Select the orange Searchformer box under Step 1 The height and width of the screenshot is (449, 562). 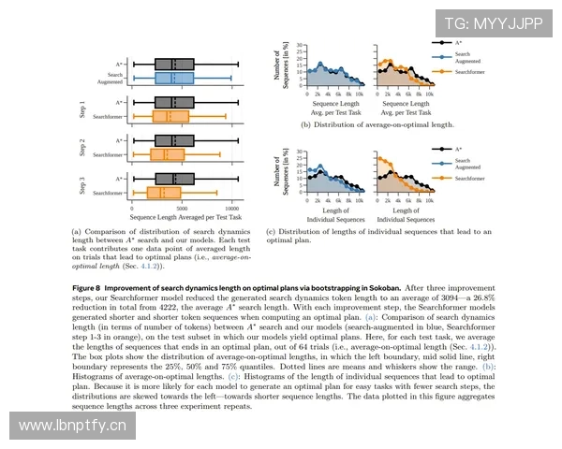coord(171,117)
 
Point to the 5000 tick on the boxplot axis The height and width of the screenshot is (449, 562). coord(182,208)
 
